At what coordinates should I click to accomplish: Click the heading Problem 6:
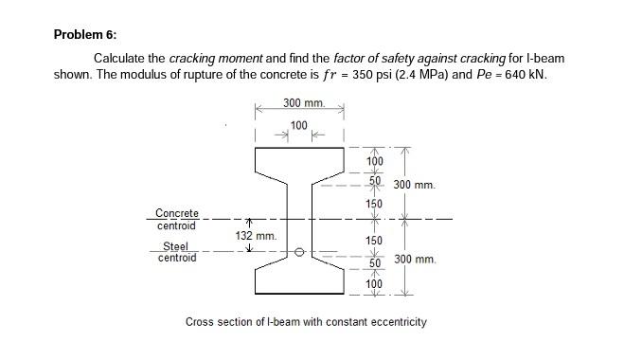tap(85, 35)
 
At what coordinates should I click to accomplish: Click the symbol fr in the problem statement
tap(330, 74)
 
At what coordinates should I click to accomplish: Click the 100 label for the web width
tap(298, 125)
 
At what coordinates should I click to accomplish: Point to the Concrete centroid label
tap(177, 220)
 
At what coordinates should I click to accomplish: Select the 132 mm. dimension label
tap(255, 235)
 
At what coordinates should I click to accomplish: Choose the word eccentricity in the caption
tap(393, 322)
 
